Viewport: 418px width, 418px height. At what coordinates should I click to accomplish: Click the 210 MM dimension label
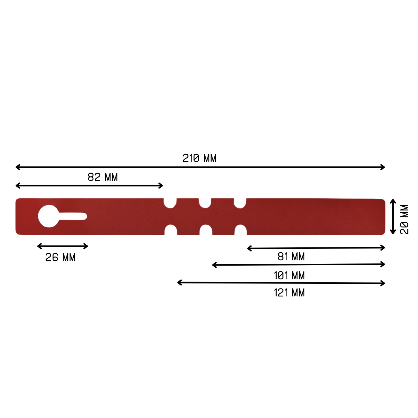pos(199,158)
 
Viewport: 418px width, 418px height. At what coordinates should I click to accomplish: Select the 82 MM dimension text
pos(103,177)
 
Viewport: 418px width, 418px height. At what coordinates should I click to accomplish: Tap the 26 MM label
pos(60,258)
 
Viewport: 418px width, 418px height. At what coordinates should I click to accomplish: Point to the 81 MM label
pos(291,257)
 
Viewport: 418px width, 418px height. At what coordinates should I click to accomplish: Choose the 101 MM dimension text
pos(289,275)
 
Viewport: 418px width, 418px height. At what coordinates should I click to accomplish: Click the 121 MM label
pos(289,293)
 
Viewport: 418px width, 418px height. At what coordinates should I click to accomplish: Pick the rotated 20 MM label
pos(404,220)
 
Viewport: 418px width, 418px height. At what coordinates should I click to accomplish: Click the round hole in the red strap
pos(48,216)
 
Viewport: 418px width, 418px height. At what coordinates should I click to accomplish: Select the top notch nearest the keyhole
pos(170,203)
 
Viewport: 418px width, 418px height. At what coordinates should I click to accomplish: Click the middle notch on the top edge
pos(205,203)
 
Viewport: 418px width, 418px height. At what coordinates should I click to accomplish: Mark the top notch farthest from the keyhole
pos(240,203)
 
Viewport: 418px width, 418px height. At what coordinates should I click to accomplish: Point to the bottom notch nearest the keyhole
pos(171,230)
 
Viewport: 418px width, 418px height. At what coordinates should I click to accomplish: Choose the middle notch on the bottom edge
pos(206,230)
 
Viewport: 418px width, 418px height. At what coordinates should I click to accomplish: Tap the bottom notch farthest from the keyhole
pos(241,230)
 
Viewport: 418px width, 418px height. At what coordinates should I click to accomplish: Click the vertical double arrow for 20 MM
pos(393,216)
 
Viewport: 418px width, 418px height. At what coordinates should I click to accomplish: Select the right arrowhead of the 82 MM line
pos(161,186)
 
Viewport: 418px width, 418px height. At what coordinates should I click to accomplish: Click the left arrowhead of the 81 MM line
pos(249,249)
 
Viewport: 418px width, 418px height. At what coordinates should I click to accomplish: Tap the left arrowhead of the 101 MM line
pos(214,265)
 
